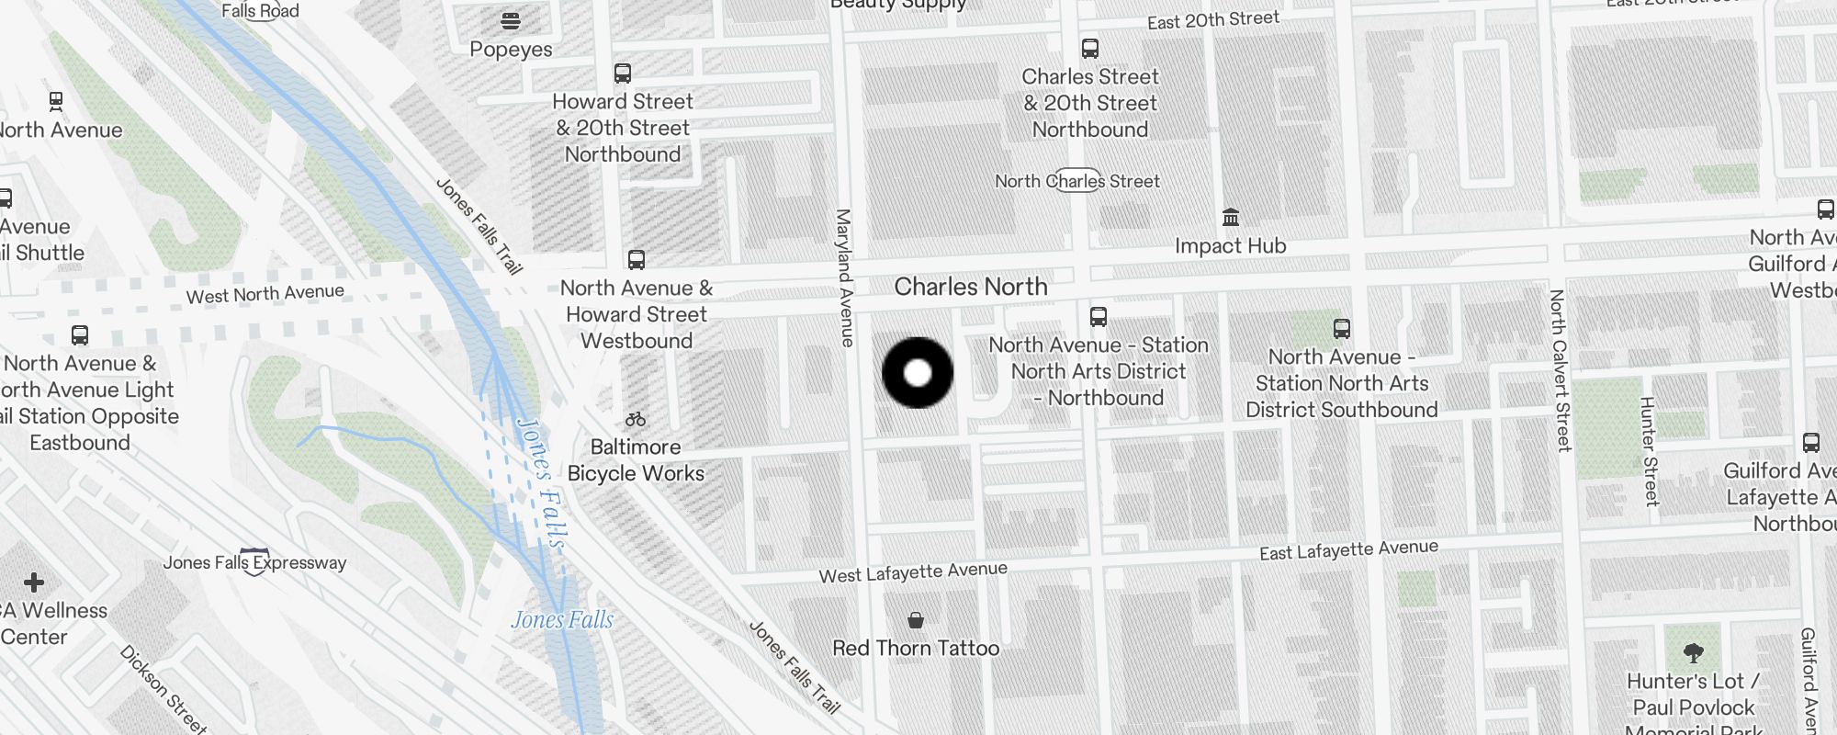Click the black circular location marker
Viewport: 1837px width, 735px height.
pyautogui.click(x=918, y=373)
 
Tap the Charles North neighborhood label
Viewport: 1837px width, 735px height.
pyautogui.click(x=971, y=287)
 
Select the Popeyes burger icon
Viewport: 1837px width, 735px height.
pyautogui.click(x=511, y=20)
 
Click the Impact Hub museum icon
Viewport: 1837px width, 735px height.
pyautogui.click(x=1231, y=217)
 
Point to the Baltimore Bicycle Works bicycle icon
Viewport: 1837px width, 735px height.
pyautogui.click(x=636, y=420)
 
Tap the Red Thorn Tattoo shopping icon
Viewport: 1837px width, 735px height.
pyautogui.click(x=916, y=620)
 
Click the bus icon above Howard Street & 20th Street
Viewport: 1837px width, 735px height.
pyautogui.click(x=623, y=73)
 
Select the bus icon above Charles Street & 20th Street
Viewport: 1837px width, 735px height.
pyautogui.click(x=1090, y=48)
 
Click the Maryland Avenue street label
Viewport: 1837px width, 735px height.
pyautogui.click(x=844, y=277)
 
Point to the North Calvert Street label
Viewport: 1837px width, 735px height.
pyautogui.click(x=1559, y=370)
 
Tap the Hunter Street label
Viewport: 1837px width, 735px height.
pyautogui.click(x=1650, y=451)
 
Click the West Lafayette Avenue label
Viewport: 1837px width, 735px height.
pyautogui.click(x=913, y=572)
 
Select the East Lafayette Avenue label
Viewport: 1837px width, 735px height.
pyautogui.click(x=1348, y=549)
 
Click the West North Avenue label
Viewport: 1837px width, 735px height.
pyautogui.click(x=265, y=294)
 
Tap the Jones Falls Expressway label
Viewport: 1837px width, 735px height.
pyautogui.click(x=254, y=562)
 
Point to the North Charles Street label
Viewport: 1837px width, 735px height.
pyautogui.click(x=1077, y=181)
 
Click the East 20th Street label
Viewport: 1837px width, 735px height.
pyautogui.click(x=1212, y=20)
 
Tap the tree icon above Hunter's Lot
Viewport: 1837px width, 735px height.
pyautogui.click(x=1694, y=653)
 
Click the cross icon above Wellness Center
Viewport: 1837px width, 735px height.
pyautogui.click(x=34, y=582)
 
